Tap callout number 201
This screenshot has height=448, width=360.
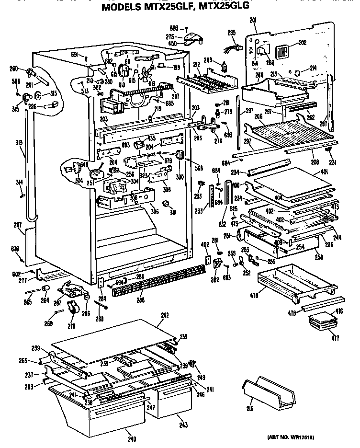point(253,19)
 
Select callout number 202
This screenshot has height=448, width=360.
point(302,43)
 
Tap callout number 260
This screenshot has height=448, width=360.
point(14,68)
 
